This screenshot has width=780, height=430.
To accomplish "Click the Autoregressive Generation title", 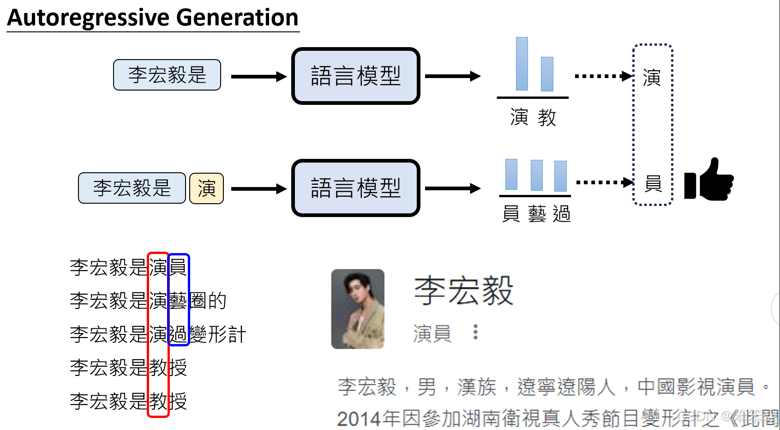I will tap(153, 18).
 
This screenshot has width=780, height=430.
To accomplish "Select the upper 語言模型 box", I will tap(355, 76).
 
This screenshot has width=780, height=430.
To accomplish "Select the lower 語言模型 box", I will tap(355, 188).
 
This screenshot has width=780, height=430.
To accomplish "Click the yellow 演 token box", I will tap(206, 188).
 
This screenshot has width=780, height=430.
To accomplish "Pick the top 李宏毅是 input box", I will tap(167, 75).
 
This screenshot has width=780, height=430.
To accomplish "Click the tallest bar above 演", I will tap(522, 64).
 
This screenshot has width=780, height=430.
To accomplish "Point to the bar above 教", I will tap(547, 74).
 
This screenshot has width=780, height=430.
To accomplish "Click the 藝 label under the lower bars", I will tap(537, 214).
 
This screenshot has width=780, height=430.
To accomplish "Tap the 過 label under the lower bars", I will tap(562, 214).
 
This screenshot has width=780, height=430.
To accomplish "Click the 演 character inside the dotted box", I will tap(652, 78).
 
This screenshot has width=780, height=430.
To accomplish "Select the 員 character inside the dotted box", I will tap(653, 183).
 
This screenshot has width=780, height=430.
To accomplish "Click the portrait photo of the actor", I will tap(358, 309).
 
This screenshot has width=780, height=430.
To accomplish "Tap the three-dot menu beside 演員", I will tap(475, 332).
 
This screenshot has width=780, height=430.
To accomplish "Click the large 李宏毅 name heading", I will tap(463, 291).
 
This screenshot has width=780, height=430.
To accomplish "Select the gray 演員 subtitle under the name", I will tap(432, 333).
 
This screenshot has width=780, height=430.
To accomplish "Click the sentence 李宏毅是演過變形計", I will tap(158, 334).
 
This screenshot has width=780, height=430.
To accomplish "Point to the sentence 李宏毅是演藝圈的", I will tap(148, 301).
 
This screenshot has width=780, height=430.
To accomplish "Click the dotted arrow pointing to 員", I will tap(605, 182).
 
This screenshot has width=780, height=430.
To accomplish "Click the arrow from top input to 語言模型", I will tap(258, 77).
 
